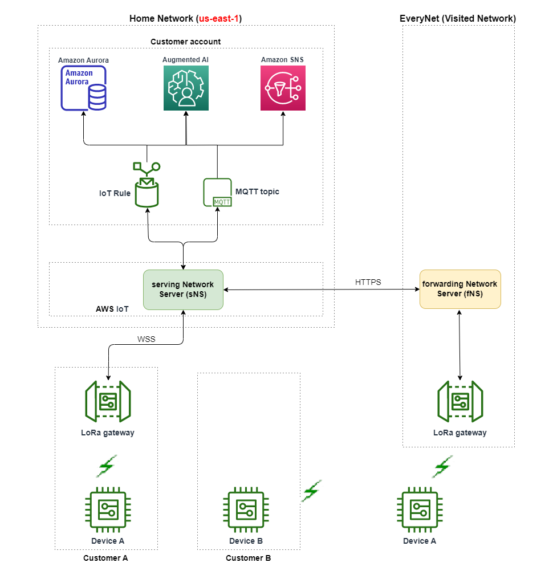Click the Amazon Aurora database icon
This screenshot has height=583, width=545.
pos(84,88)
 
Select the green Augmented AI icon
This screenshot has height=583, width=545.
pos(186,88)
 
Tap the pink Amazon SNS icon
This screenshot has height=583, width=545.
pos(283,88)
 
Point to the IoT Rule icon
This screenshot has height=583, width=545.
pos(147,185)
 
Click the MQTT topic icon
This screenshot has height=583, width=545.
pos(217,193)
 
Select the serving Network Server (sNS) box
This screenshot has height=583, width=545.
pos(183,290)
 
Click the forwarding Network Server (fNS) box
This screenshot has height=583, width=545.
pos(459,289)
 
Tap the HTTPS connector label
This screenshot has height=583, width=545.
pos(368,282)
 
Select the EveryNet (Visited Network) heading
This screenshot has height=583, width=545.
pos(458,19)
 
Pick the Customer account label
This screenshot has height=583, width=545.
pos(185,42)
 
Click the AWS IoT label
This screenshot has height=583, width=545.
pos(112,309)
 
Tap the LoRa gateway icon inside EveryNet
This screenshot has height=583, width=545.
pos(459,401)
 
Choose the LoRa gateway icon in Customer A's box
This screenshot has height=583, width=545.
pos(108,401)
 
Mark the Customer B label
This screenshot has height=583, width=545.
pos(248,558)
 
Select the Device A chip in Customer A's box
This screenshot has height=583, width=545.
pos(108,511)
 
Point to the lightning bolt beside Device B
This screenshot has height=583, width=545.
pos(311,491)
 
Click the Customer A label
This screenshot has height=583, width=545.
pos(105,558)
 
